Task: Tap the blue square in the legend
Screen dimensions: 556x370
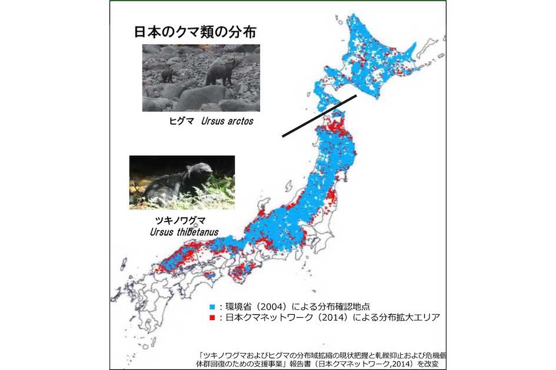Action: click(211, 307)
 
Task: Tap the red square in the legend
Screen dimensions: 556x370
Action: click(211, 318)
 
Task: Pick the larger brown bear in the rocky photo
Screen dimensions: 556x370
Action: click(220, 72)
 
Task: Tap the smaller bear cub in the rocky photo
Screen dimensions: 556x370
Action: click(167, 74)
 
